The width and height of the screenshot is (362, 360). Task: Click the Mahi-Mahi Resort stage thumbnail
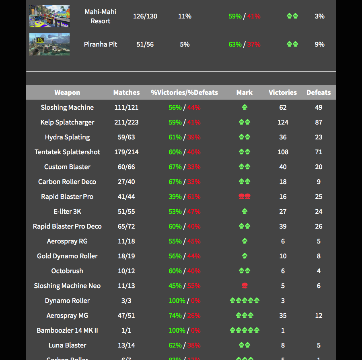[49, 16]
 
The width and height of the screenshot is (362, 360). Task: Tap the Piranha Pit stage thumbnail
[49, 44]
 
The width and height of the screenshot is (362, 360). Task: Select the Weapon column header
[67, 92]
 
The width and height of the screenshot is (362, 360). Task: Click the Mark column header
[245, 92]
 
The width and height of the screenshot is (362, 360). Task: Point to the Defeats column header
[319, 92]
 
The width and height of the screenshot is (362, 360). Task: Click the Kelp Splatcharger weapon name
[67, 122]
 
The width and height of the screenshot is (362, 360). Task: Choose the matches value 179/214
[126, 152]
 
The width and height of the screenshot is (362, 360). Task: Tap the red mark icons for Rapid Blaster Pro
[245, 196]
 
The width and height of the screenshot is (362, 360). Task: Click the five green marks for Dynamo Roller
[245, 301]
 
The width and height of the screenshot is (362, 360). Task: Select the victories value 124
[283, 122]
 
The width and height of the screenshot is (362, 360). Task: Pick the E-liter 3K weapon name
[67, 211]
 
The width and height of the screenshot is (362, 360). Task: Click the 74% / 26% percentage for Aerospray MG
[184, 315]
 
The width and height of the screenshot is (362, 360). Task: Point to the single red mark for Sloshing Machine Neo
[245, 286]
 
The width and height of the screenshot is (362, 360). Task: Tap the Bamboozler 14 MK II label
[67, 330]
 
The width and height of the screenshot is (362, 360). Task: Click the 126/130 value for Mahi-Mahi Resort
[145, 16]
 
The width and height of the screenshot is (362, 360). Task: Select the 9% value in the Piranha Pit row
[319, 44]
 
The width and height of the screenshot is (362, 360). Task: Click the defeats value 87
[319, 122]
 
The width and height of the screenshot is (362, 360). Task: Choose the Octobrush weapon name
[67, 271]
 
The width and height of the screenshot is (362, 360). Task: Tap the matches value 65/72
[126, 226]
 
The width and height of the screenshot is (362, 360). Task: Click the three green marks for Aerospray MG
[245, 315]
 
